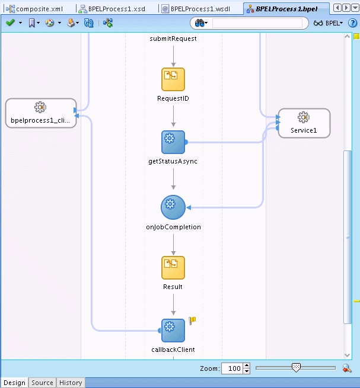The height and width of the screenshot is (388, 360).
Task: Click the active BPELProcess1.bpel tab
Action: pos(288,9)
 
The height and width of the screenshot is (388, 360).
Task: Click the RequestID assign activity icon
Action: pos(173,79)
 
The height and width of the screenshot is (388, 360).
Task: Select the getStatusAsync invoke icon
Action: pos(173,142)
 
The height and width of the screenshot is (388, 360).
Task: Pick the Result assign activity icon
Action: pos(173,268)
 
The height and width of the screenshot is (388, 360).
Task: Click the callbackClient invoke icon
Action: pos(173,330)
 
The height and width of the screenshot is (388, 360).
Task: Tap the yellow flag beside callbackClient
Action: pos(192,320)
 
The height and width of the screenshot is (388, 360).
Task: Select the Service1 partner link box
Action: pos(304,123)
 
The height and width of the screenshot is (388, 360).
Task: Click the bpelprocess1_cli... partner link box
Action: pos(40,113)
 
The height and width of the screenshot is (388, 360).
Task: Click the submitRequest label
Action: pos(173,39)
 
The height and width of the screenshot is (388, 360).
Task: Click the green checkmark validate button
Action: pos(10,23)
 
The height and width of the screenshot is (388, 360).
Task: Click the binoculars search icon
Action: pos(201,23)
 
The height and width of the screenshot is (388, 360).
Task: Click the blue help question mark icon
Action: pos(352,23)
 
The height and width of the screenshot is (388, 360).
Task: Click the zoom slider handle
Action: pos(296,368)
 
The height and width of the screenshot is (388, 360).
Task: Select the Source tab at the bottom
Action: pos(42,383)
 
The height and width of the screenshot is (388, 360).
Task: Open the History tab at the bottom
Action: pos(71,383)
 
